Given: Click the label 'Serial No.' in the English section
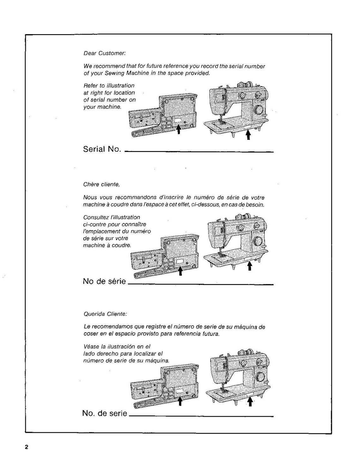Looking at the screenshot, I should tap(102, 149).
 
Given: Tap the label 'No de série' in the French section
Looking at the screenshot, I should tap(104, 281).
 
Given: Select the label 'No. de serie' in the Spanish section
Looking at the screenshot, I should tap(105, 413).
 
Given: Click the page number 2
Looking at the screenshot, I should tap(27, 447).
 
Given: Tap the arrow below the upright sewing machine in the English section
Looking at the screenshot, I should tap(248, 135).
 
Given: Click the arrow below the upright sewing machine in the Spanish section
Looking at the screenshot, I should tap(250, 401).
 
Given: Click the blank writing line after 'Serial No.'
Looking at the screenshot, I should tap(199, 152).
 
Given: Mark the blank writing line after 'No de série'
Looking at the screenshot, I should tap(201, 284).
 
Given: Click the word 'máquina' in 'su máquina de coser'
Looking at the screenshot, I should tap(248, 327).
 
